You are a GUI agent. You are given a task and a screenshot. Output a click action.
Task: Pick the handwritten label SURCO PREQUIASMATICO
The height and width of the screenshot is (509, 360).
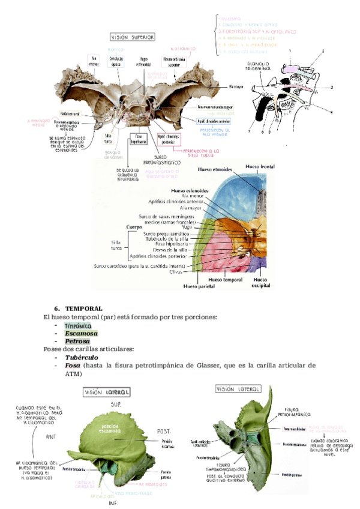coord(162,160)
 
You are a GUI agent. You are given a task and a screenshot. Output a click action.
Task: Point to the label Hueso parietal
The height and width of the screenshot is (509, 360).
coord(188,286)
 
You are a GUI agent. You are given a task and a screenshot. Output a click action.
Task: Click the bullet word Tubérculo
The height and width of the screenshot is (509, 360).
coord(82,357)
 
